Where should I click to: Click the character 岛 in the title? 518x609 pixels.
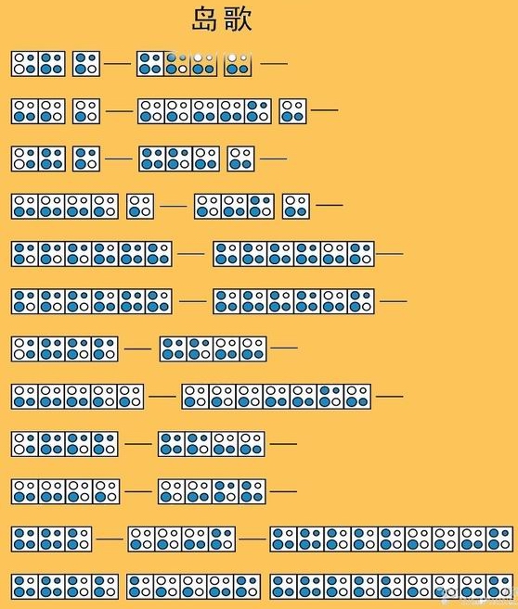click(x=204, y=19)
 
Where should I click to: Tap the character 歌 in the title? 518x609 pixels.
click(x=238, y=19)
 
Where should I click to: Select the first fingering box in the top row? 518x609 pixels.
click(x=24, y=64)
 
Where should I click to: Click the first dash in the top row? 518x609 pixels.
click(x=118, y=63)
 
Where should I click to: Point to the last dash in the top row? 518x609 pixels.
click(x=274, y=63)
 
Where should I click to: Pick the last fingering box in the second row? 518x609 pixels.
click(x=292, y=111)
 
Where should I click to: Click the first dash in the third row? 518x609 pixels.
click(x=119, y=159)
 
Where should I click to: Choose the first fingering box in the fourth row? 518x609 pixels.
click(x=25, y=206)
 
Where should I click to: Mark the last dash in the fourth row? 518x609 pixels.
click(x=330, y=205)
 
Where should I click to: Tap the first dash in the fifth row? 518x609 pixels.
click(x=191, y=254)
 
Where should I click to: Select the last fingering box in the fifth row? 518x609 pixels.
click(x=361, y=254)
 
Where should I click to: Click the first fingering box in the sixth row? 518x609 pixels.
click(x=25, y=301)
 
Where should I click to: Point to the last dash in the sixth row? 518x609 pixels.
click(x=394, y=301)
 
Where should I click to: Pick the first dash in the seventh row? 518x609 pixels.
click(x=137, y=349)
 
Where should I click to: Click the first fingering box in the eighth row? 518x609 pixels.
click(x=24, y=397)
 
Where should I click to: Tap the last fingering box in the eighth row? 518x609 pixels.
click(x=357, y=397)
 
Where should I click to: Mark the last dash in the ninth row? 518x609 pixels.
click(x=283, y=444)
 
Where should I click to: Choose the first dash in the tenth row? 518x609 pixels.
click(x=138, y=491)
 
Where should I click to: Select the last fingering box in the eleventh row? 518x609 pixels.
click(x=500, y=539)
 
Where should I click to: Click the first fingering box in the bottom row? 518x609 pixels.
click(x=25, y=587)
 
